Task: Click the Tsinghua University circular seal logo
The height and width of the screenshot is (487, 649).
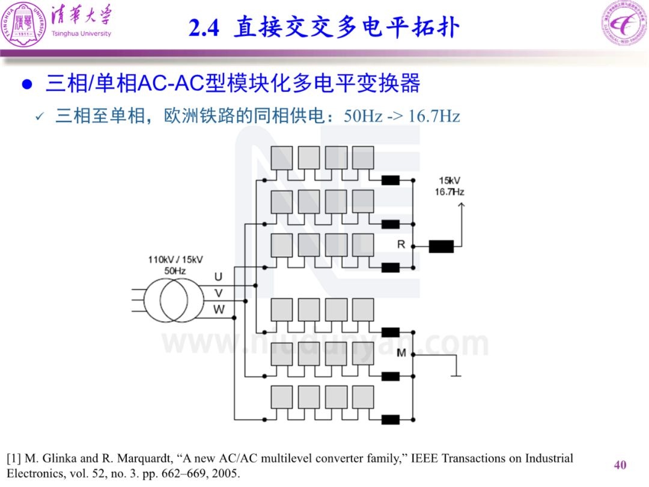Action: [x=23, y=23]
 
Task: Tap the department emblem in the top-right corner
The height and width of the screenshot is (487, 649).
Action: [x=624, y=23]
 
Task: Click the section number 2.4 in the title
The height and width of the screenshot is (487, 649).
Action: [x=204, y=28]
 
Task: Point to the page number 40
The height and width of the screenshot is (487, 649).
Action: [x=620, y=465]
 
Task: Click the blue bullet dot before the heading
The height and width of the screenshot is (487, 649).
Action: [x=27, y=84]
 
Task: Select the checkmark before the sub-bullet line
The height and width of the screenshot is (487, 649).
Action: [x=40, y=117]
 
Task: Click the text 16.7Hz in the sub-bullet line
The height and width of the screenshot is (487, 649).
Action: [x=434, y=116]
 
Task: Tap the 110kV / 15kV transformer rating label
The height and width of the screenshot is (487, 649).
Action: [x=175, y=260]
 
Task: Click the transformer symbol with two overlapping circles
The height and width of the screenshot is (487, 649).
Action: [x=174, y=300]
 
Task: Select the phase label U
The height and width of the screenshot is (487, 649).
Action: [x=218, y=277]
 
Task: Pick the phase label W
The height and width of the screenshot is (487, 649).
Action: [x=219, y=310]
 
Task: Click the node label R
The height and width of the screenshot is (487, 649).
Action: [x=401, y=244]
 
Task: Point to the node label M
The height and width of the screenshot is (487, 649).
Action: [x=401, y=353]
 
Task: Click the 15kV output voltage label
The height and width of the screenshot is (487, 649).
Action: [x=449, y=180]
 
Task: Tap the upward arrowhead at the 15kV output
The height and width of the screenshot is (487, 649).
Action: [x=462, y=204]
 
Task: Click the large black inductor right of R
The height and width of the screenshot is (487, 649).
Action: [x=441, y=247]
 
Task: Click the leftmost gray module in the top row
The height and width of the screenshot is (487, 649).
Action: [x=282, y=158]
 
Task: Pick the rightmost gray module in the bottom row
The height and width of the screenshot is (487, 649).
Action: [x=363, y=397]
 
